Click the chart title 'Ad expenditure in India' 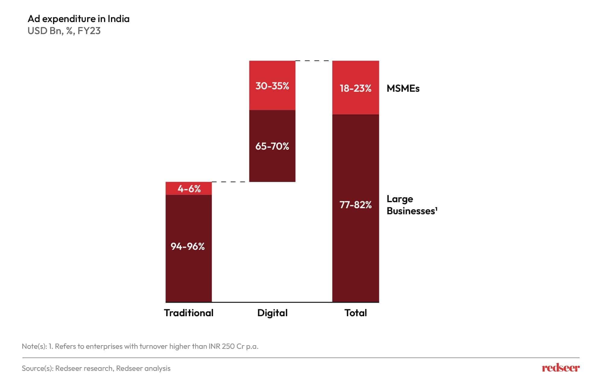78,19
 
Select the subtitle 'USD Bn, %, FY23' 64,31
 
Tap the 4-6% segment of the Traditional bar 189,189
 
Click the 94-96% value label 188,247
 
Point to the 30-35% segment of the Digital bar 272,86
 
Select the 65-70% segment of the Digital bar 272,146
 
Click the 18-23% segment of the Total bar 356,88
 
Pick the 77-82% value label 356,205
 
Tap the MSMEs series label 403,88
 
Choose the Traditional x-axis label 188,313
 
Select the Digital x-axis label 272,313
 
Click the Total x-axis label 356,313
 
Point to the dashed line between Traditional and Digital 230,182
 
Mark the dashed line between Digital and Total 314,61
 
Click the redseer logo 561,368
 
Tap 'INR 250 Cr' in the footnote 226,346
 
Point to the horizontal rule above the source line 301,358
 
